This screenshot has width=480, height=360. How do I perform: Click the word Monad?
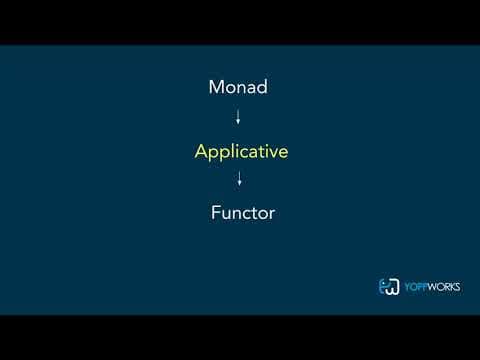(238, 87)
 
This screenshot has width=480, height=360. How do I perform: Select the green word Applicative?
(241, 152)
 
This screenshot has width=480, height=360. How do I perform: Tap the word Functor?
(243, 213)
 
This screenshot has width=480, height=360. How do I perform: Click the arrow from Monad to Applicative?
(238, 117)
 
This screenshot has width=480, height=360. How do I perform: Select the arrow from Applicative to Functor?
(239, 178)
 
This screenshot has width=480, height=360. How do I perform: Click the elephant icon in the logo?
(389, 287)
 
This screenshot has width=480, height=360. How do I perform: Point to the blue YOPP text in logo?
(416, 287)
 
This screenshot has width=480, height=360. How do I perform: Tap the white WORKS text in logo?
(444, 287)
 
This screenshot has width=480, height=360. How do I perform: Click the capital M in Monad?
(216, 87)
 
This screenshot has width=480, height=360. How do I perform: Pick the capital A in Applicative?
(201, 151)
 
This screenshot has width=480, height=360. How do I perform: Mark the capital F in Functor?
(216, 212)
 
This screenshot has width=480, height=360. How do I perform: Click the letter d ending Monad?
(262, 87)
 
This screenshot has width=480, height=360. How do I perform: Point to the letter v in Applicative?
(272, 153)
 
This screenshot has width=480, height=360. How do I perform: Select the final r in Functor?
(272, 215)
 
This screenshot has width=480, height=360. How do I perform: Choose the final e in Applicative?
(283, 153)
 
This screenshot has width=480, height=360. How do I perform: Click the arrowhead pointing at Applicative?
(238, 122)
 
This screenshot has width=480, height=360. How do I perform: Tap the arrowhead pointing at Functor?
(239, 184)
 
